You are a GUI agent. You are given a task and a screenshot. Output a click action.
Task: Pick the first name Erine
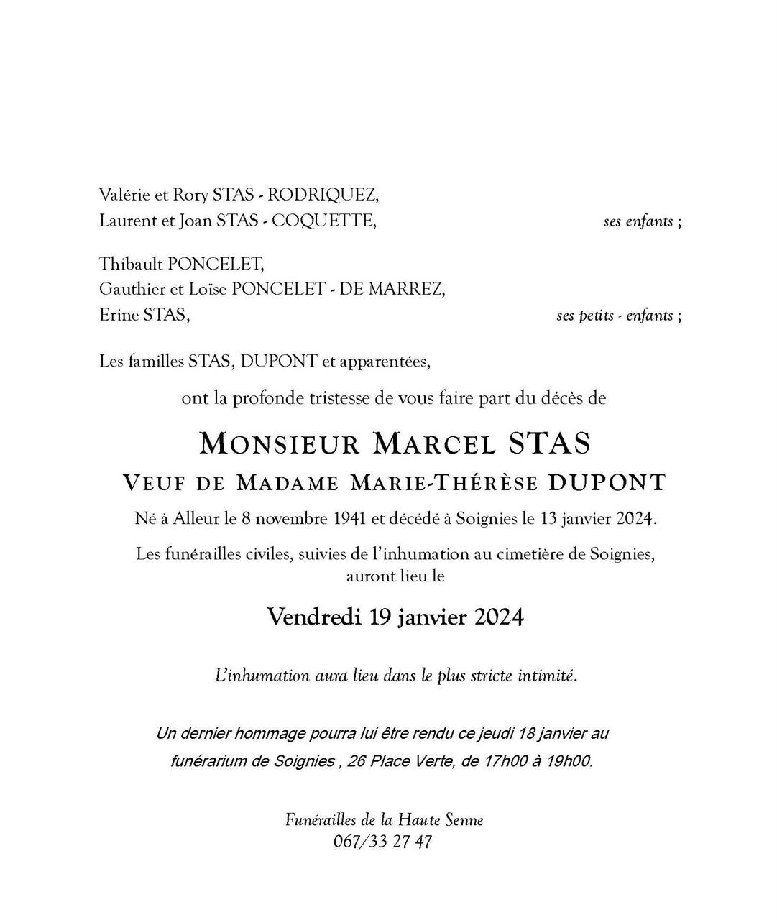119,314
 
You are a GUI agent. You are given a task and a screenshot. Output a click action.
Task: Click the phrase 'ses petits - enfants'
615,316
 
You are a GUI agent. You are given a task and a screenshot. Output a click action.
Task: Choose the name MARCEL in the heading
434,443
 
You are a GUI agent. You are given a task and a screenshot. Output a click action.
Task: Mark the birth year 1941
351,519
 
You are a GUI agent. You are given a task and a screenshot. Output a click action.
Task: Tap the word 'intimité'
547,676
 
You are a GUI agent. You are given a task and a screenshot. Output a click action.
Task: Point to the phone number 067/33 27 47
383,842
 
